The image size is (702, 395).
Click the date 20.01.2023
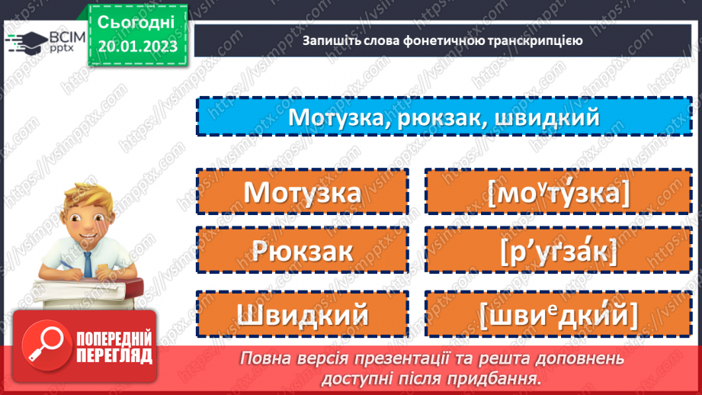click(137, 47)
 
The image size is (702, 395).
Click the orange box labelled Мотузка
click(303, 191)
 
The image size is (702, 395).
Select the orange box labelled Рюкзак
click(303, 249)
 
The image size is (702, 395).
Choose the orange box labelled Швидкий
click(303, 313)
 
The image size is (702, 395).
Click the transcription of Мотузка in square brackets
click(559, 193)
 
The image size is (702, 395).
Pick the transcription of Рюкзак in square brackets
click(559, 251)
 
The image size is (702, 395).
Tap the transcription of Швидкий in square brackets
click(559, 313)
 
